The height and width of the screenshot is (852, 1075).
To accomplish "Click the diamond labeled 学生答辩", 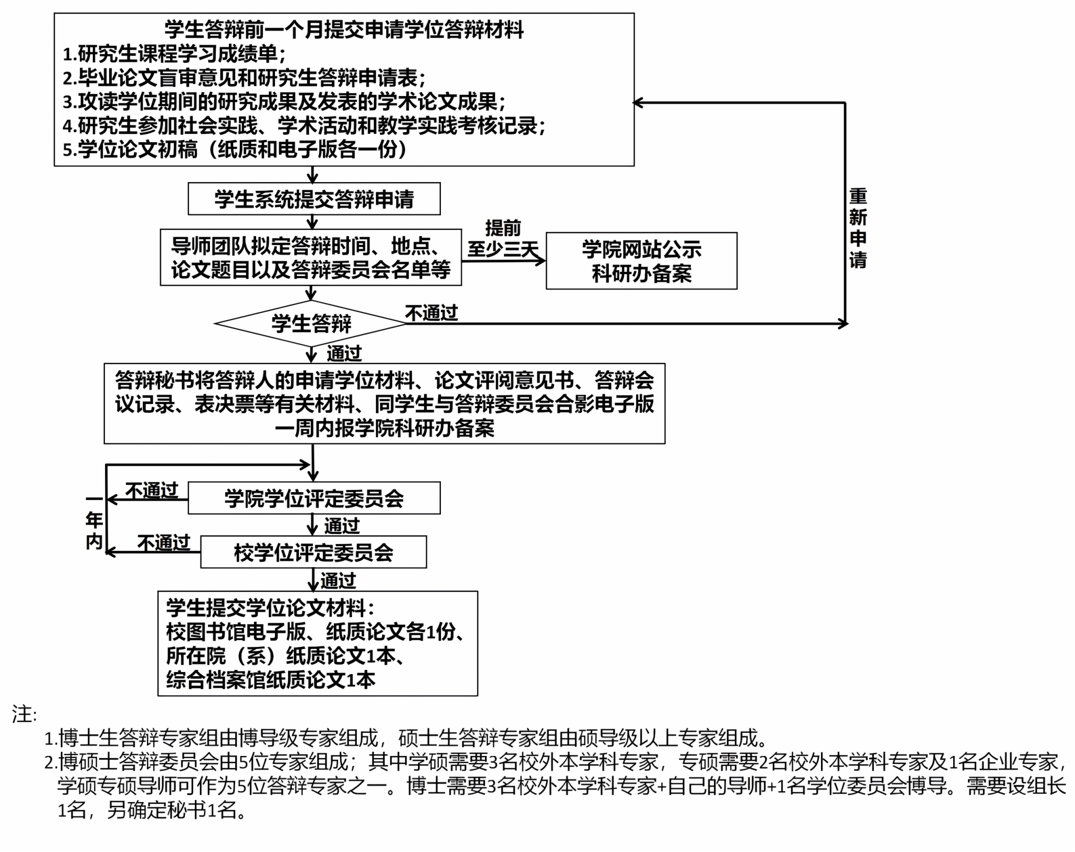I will [311, 323].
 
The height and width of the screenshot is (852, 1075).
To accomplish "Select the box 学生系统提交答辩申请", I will [314, 199].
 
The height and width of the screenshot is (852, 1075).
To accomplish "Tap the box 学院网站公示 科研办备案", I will [641, 261].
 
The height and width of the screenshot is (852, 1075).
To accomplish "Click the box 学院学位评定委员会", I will [314, 498].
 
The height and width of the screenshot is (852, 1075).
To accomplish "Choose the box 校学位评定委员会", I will [313, 552].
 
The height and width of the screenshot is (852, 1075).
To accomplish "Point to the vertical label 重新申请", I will [858, 228].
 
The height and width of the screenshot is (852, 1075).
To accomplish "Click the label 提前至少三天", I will [502, 239].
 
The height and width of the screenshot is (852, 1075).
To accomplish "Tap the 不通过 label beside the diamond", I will [431, 313].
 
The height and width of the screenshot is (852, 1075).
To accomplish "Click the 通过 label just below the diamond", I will [344, 354].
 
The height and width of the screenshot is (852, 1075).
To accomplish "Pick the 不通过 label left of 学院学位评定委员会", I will [152, 491].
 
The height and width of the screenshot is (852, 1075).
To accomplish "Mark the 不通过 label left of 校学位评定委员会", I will [164, 542].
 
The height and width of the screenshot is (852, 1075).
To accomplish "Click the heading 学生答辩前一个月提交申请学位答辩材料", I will [344, 29].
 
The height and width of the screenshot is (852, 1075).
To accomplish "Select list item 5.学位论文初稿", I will [235, 150].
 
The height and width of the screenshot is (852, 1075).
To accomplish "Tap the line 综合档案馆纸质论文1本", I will [271, 680].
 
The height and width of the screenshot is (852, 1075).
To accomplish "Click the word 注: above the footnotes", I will [24, 714].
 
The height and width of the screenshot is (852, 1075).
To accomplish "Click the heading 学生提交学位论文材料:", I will [270, 608].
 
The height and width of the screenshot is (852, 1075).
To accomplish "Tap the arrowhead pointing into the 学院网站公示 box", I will [541, 260].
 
